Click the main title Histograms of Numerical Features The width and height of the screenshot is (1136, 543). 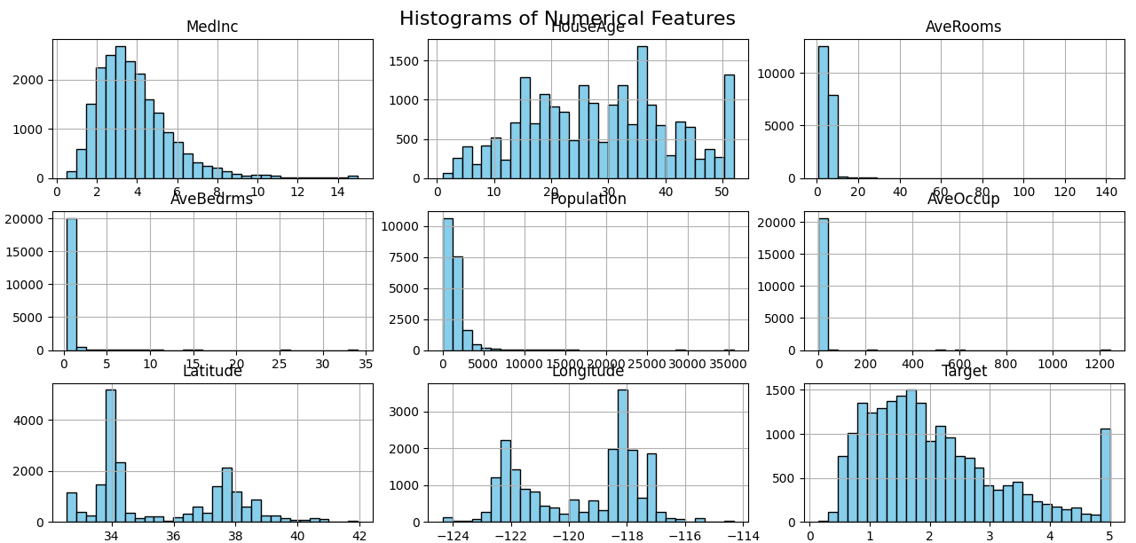tap(567, 19)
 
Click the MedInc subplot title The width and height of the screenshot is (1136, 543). tap(212, 28)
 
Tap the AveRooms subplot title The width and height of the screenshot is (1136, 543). tap(963, 28)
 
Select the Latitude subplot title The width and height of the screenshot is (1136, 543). tap(212, 371)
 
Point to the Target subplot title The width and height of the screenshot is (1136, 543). tap(964, 371)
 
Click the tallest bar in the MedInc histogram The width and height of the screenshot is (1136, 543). tap(120, 112)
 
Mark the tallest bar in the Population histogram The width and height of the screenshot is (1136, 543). tap(448, 284)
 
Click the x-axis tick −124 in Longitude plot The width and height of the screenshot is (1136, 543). tap(453, 535)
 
